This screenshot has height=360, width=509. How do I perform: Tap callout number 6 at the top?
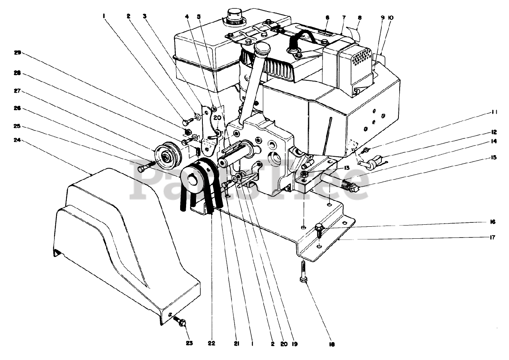(x=327, y=18)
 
